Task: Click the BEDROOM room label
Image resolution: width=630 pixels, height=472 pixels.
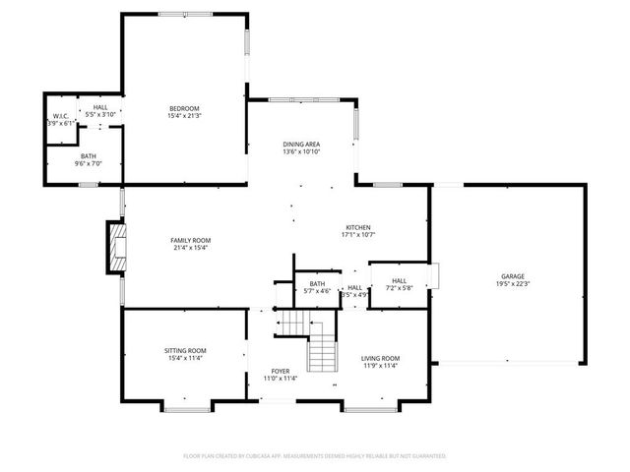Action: coord(183,108)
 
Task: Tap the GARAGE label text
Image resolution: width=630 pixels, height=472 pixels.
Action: coord(511,276)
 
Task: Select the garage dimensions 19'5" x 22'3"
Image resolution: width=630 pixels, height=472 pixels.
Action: coord(511,284)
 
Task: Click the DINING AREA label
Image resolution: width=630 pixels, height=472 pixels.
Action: coord(301,145)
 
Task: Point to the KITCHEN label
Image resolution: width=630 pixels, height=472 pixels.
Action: coord(355,227)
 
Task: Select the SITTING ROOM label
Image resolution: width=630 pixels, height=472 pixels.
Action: coord(184,350)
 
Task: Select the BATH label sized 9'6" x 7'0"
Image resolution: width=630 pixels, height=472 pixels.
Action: coord(89,156)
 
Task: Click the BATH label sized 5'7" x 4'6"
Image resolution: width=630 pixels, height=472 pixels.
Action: coord(317,284)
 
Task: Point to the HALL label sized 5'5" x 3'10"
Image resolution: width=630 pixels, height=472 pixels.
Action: coord(100,107)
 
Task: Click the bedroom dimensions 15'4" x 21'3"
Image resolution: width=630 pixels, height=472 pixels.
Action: coord(183,116)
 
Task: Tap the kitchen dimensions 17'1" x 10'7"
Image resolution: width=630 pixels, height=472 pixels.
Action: coord(355,235)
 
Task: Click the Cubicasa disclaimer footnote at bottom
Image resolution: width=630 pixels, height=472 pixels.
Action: coord(315,456)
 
